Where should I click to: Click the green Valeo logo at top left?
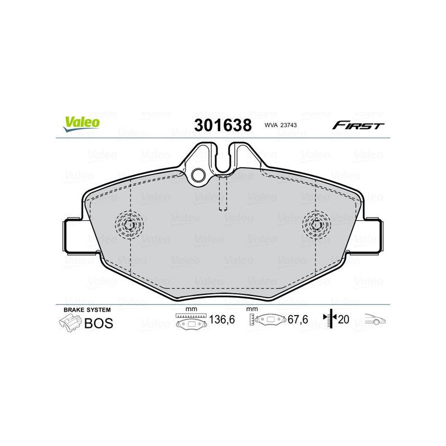[x=81, y=124]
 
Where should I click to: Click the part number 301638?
[x=222, y=125]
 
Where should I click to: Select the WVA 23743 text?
[x=280, y=126]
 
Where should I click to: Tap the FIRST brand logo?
[x=358, y=125]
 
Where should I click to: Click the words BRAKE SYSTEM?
[x=87, y=309]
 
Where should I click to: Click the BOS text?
[x=98, y=323]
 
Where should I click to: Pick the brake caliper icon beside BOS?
[x=70, y=322]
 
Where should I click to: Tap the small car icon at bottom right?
[x=376, y=319]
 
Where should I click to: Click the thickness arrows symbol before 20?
[x=331, y=319]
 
